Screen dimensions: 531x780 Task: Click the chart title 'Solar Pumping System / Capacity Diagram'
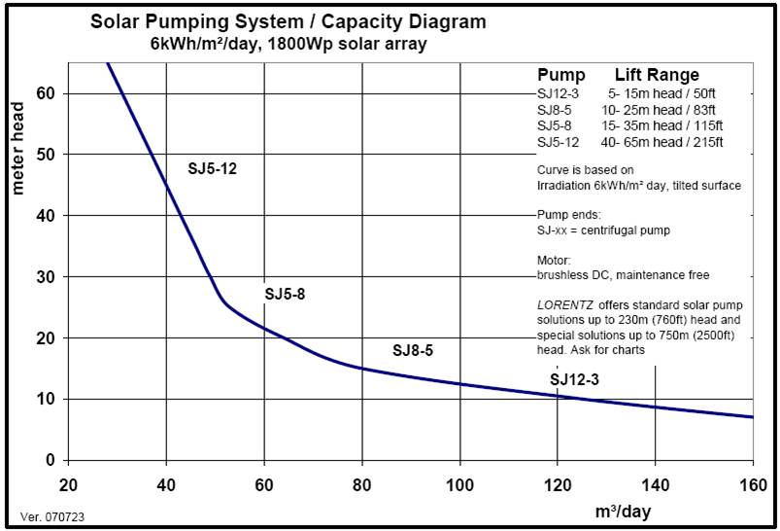coord(288,20)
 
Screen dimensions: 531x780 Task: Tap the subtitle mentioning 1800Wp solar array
coord(288,44)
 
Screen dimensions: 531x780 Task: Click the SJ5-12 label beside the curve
coord(212,168)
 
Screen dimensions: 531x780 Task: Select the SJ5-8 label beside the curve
coord(285,293)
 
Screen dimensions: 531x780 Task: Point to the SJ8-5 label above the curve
coord(412,350)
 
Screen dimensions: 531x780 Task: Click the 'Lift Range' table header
coord(657,76)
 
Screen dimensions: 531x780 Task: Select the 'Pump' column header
coord(560,76)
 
